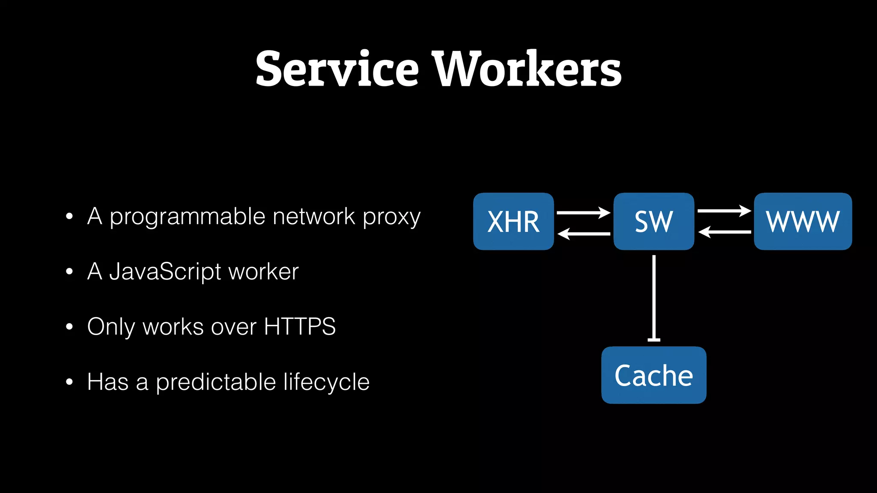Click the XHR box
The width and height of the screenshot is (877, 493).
513,221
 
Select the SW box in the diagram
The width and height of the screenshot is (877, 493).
653,221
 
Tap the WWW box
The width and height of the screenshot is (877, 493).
802,221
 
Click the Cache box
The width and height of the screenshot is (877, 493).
653,375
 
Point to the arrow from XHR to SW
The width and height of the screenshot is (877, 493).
583,213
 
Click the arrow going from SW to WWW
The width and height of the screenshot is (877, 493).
724,211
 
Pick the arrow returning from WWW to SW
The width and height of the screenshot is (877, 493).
724,232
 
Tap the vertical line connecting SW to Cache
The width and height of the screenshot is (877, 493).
653,297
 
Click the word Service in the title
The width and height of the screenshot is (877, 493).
337,68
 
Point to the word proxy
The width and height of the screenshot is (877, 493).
391,217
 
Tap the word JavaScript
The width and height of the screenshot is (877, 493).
165,272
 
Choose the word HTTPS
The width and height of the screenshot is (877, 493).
300,327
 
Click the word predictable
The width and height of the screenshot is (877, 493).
215,382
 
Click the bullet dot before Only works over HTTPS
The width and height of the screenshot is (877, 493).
69,327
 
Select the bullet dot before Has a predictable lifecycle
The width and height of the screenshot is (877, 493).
69,382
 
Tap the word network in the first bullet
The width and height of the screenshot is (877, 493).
314,216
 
